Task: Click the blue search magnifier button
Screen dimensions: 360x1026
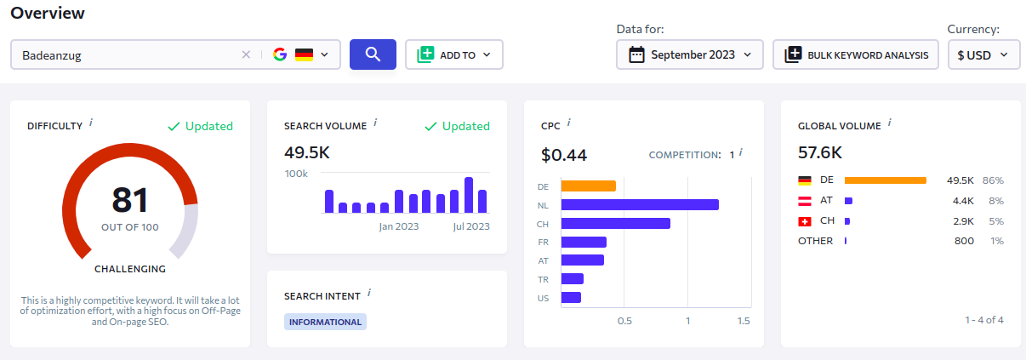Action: [x=373, y=54]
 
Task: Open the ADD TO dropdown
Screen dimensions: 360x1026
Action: [x=454, y=54]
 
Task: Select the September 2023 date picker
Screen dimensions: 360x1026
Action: [x=690, y=54]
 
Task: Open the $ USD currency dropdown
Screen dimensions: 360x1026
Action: [x=983, y=54]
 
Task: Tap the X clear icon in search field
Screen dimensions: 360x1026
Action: [x=246, y=54]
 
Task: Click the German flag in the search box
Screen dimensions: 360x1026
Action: [x=304, y=54]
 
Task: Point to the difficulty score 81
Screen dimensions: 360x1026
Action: [x=130, y=199]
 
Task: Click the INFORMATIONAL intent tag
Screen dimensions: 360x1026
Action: [x=325, y=322]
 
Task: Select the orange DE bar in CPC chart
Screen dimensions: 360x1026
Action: [x=588, y=186]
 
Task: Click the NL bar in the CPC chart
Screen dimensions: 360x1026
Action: [x=640, y=204]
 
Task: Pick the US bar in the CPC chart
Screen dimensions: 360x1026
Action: [x=571, y=298]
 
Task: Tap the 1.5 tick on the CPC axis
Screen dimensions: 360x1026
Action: [x=744, y=321]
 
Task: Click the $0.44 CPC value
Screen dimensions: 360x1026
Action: [x=564, y=155]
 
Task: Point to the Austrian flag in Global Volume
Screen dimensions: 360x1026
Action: [x=804, y=201]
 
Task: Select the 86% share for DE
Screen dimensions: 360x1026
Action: [x=993, y=180]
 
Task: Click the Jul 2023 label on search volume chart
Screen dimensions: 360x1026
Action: [x=471, y=226]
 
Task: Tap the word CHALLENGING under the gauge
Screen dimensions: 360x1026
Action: [x=130, y=269]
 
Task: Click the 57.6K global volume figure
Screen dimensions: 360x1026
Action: [x=820, y=152]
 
